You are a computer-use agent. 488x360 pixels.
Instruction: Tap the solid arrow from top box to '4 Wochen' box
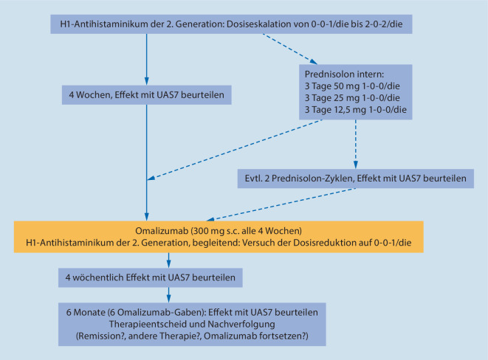(147, 59)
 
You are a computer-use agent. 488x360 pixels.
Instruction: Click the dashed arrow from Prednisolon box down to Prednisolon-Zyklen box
(356, 144)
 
